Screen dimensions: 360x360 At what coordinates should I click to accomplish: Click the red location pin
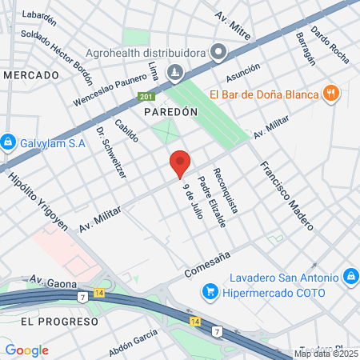pos(180,163)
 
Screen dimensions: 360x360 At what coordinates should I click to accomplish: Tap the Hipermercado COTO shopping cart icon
pos(211,293)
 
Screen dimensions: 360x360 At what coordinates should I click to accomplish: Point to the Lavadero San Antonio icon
pos(349,278)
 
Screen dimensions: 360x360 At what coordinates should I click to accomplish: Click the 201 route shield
pos(145,97)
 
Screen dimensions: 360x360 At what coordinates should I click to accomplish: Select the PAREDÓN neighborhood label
pos(170,114)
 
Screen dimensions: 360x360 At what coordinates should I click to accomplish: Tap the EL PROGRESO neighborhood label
pos(60,321)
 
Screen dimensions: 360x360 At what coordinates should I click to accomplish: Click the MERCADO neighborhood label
pos(32,74)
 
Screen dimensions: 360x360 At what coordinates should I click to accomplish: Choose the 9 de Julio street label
pos(191,201)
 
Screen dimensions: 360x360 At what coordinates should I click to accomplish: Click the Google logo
pos(26,350)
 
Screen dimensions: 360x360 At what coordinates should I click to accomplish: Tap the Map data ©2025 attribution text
pos(326,354)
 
